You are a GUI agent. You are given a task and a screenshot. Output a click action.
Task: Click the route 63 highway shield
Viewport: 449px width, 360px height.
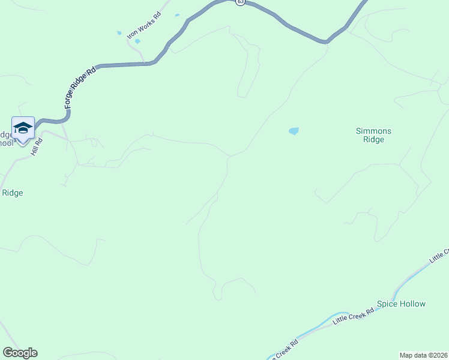coord(240,2)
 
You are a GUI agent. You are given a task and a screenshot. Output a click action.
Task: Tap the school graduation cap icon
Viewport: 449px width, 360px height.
coord(23,128)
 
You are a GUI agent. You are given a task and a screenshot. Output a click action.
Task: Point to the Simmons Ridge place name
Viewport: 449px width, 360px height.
coord(373,135)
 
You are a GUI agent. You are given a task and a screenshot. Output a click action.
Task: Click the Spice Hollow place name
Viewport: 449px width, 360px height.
coord(401,304)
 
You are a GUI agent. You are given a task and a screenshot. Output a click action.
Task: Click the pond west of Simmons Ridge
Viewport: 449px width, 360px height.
coord(294,131)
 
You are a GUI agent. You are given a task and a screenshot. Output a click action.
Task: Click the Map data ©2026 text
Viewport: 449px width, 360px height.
coord(424,355)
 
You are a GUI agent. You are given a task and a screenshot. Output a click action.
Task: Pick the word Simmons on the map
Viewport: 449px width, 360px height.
coord(373,131)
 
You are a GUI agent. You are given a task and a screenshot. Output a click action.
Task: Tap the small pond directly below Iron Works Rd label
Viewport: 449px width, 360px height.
coord(137,41)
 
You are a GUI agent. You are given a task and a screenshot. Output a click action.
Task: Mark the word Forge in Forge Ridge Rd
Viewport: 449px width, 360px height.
coord(70,101)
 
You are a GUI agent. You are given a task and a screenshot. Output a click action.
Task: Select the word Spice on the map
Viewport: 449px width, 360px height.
coord(387,304)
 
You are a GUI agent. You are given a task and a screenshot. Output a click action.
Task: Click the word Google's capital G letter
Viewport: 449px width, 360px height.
coord(7,353)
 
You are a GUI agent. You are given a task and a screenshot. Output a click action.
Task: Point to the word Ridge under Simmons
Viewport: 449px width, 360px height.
coord(373,140)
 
